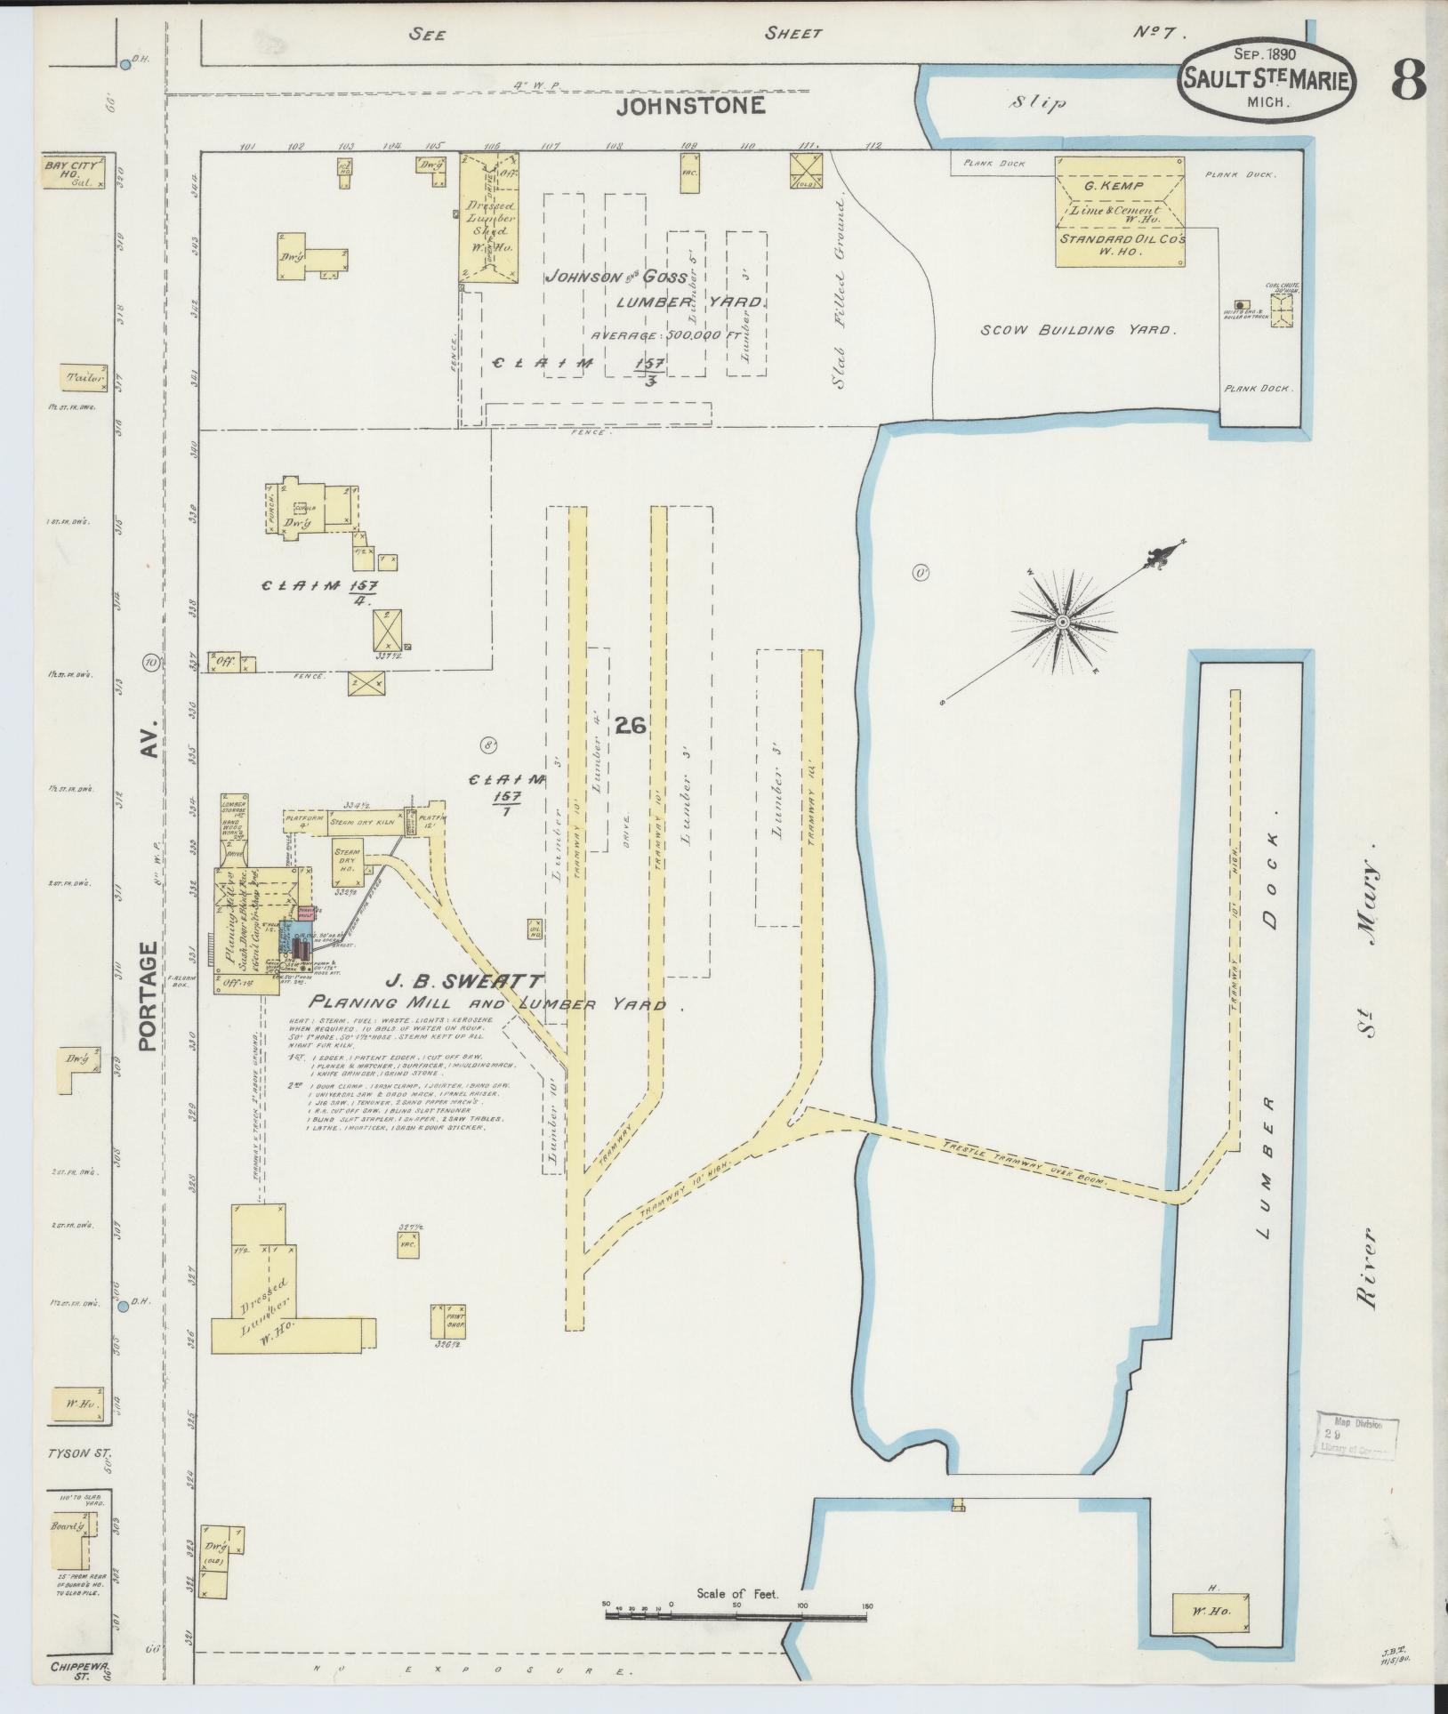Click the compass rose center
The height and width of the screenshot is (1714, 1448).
point(1062,621)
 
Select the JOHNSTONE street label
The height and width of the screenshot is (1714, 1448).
point(691,107)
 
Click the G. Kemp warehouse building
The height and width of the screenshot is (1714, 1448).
point(1120,211)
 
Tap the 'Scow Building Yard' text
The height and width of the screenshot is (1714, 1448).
point(1078,330)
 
